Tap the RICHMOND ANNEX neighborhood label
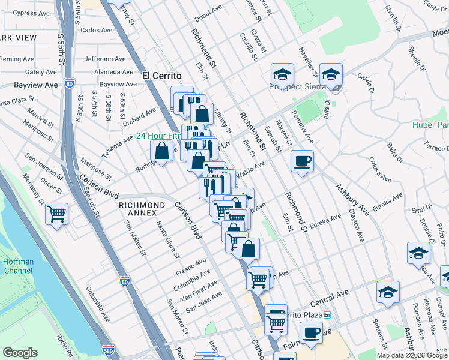point(142,205)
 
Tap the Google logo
point(19,353)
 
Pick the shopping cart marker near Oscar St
point(56,213)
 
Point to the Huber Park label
point(431,125)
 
